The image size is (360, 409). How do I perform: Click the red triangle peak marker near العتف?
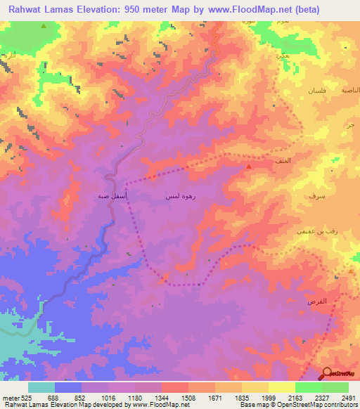click(249, 167)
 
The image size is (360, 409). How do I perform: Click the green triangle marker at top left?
click(44, 26)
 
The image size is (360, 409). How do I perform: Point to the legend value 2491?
click(340, 398)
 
